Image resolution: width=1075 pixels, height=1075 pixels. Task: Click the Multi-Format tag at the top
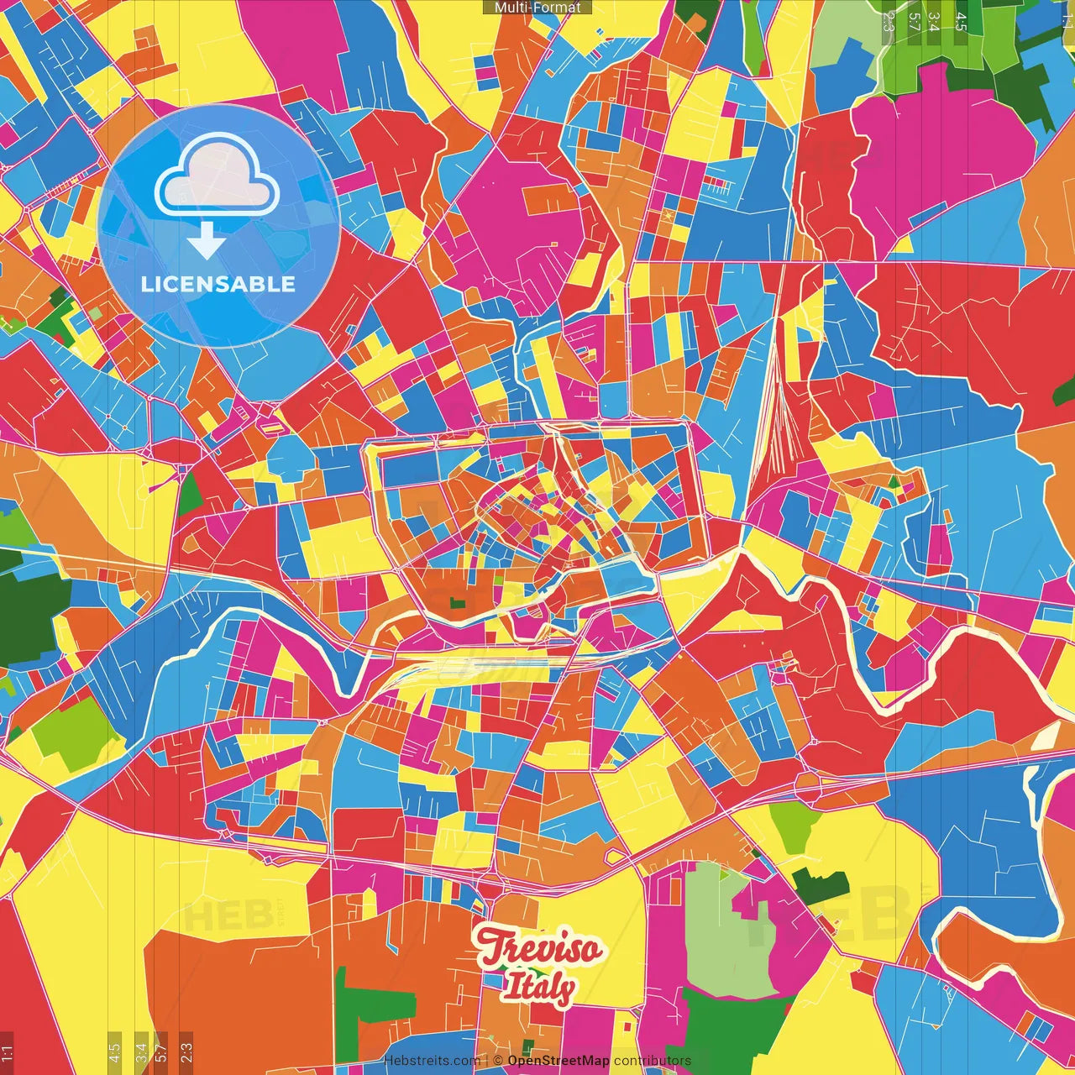coord(537,8)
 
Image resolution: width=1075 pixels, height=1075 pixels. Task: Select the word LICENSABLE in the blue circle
coord(218,284)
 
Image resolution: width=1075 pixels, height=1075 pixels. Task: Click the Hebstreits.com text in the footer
coord(433,1061)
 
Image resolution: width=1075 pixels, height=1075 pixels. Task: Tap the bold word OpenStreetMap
coord(558,1061)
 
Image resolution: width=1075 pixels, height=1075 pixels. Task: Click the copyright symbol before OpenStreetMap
coord(498,1061)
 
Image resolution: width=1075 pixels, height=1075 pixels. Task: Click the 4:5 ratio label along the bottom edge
coord(114,1050)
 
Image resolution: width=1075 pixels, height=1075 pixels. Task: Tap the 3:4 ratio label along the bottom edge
coord(140,1050)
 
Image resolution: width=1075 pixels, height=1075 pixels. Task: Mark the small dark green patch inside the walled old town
coord(458,602)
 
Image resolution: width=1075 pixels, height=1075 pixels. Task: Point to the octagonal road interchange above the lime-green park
coord(808,787)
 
